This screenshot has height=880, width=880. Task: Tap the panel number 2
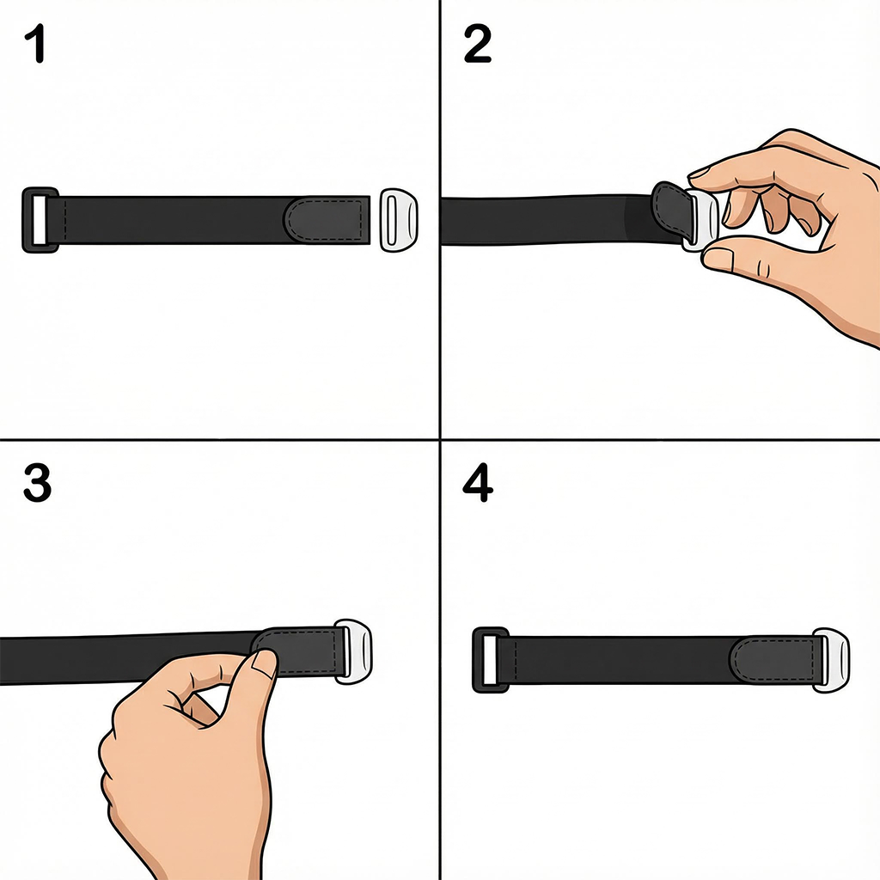(477, 46)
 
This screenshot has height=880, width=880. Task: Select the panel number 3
(37, 485)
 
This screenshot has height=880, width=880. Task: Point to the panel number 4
(478, 485)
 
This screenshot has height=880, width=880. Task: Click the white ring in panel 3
(354, 651)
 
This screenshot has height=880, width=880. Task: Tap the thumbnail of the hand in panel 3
(264, 663)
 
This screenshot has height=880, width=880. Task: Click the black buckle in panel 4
(490, 659)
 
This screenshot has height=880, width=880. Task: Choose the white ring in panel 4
(831, 660)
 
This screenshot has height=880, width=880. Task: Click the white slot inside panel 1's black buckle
(40, 220)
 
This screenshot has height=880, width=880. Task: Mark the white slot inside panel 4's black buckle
(489, 659)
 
